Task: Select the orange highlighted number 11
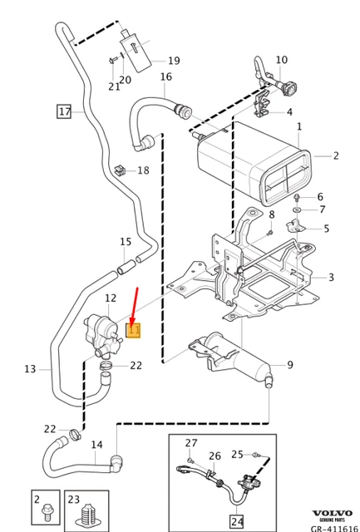click(134, 330)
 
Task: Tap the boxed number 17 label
click(65, 110)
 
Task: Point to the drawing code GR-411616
click(334, 527)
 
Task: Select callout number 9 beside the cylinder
click(290, 364)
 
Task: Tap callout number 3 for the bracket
click(330, 278)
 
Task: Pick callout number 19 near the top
click(173, 61)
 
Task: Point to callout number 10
click(281, 60)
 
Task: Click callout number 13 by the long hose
click(30, 369)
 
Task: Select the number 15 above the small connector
click(125, 242)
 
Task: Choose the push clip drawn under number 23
click(86, 520)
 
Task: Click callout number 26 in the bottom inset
click(215, 456)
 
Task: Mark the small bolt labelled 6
click(296, 197)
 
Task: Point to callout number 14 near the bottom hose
click(96, 446)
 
